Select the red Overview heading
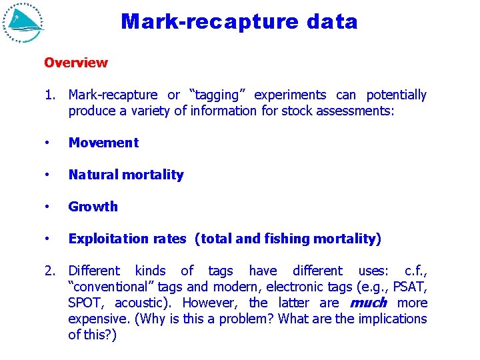click(75, 63)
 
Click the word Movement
click(103, 143)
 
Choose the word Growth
click(93, 207)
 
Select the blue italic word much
click(368, 303)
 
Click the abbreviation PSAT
click(410, 287)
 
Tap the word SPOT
click(86, 303)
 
